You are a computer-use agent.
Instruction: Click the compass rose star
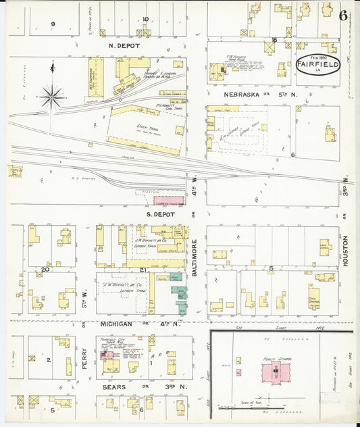click(x=52, y=97)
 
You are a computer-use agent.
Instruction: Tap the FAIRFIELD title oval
click(x=317, y=65)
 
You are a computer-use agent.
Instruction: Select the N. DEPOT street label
click(x=124, y=46)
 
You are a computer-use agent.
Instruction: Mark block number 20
click(x=45, y=270)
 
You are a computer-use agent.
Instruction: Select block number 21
click(x=143, y=270)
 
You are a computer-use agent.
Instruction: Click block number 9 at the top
click(x=53, y=24)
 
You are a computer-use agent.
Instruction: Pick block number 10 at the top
click(x=145, y=20)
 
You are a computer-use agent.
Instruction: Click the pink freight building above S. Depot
click(x=169, y=201)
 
